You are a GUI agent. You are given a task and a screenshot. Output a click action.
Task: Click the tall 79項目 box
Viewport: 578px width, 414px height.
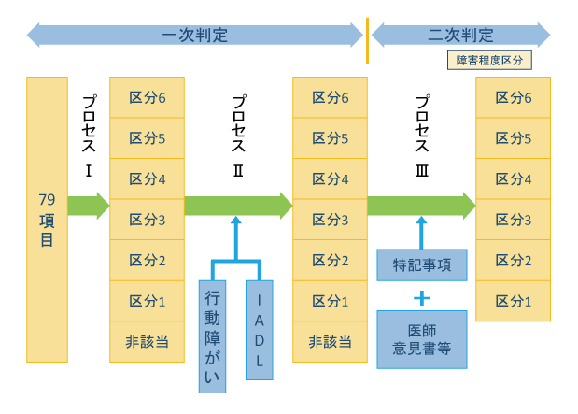[47, 219]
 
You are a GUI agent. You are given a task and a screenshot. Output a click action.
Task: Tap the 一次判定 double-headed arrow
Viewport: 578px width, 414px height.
[195, 36]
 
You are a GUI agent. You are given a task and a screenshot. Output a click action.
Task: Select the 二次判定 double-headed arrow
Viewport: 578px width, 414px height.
[461, 36]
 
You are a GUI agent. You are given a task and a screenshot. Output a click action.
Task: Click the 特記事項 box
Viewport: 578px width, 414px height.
[420, 264]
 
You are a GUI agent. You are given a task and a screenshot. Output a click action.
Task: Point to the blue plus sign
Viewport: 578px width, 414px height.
[421, 298]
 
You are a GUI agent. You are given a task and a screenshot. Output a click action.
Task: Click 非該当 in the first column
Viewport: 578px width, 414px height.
[147, 342]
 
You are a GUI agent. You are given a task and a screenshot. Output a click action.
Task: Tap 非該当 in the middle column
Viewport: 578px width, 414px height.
[330, 342]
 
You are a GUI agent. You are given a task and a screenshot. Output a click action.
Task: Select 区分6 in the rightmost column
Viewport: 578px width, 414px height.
[513, 97]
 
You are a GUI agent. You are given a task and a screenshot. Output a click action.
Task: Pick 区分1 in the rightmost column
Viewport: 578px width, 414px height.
[513, 301]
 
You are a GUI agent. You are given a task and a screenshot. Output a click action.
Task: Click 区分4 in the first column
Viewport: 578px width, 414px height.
[147, 178]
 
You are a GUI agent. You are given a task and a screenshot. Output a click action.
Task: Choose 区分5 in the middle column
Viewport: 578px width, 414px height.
[330, 138]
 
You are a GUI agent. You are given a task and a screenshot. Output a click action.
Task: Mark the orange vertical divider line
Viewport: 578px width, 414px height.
[367, 40]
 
